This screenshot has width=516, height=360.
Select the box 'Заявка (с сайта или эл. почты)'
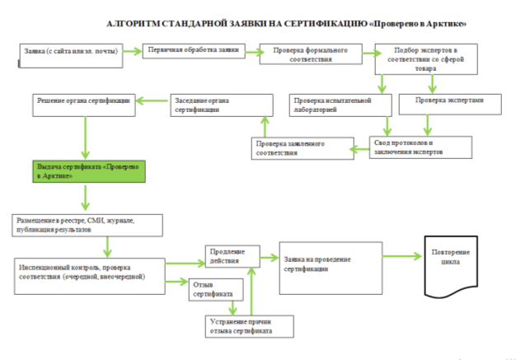tap(71, 56)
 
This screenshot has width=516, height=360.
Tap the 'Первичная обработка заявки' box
tap(194, 51)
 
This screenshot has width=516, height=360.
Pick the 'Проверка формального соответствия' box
tap(311, 54)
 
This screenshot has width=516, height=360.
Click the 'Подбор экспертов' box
tap(426, 59)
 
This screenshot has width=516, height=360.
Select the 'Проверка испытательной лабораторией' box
tap(340, 105)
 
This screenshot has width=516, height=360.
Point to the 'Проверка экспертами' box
tap(450, 105)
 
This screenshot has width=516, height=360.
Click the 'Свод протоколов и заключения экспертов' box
tap(420, 147)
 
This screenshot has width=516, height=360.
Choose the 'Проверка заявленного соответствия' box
tap(303, 148)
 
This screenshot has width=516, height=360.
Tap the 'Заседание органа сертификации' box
tap(222, 105)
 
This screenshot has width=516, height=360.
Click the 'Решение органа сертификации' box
tap(84, 105)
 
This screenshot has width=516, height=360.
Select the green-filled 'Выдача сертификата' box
tap(89, 171)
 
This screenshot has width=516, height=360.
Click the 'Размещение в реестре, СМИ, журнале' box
tap(87, 226)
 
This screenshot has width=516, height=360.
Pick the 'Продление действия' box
tap(232, 256)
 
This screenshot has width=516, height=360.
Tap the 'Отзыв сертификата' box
tap(216, 290)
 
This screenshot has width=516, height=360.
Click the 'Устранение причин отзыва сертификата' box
tap(250, 326)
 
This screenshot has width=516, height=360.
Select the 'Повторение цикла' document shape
tap(451, 266)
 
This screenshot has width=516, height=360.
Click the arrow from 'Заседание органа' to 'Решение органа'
tap(152, 101)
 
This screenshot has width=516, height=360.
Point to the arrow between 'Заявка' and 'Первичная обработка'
tap(133, 51)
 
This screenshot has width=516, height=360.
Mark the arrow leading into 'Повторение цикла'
tap(402, 256)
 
